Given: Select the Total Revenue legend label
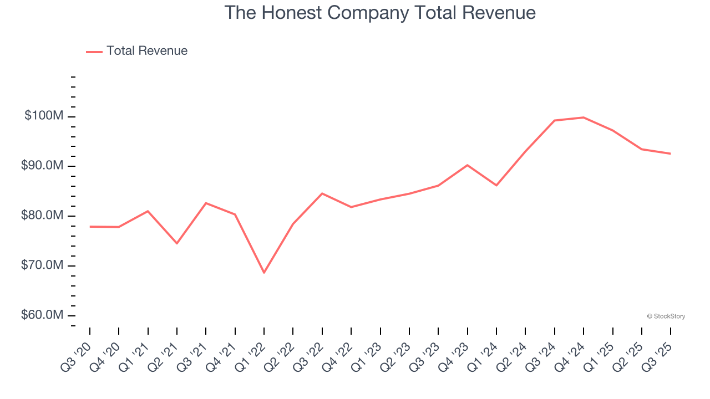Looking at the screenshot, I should (147, 51).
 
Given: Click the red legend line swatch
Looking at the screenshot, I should (94, 52).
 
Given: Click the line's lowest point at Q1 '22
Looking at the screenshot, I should (264, 273).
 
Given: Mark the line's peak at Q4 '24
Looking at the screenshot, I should (584, 117).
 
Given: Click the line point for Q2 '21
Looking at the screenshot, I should (177, 243).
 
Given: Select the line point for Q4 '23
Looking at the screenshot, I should (468, 165).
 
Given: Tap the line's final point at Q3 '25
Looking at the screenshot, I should (671, 154).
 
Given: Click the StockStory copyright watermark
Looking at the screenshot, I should (666, 316).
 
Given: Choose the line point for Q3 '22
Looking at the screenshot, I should (322, 193).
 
